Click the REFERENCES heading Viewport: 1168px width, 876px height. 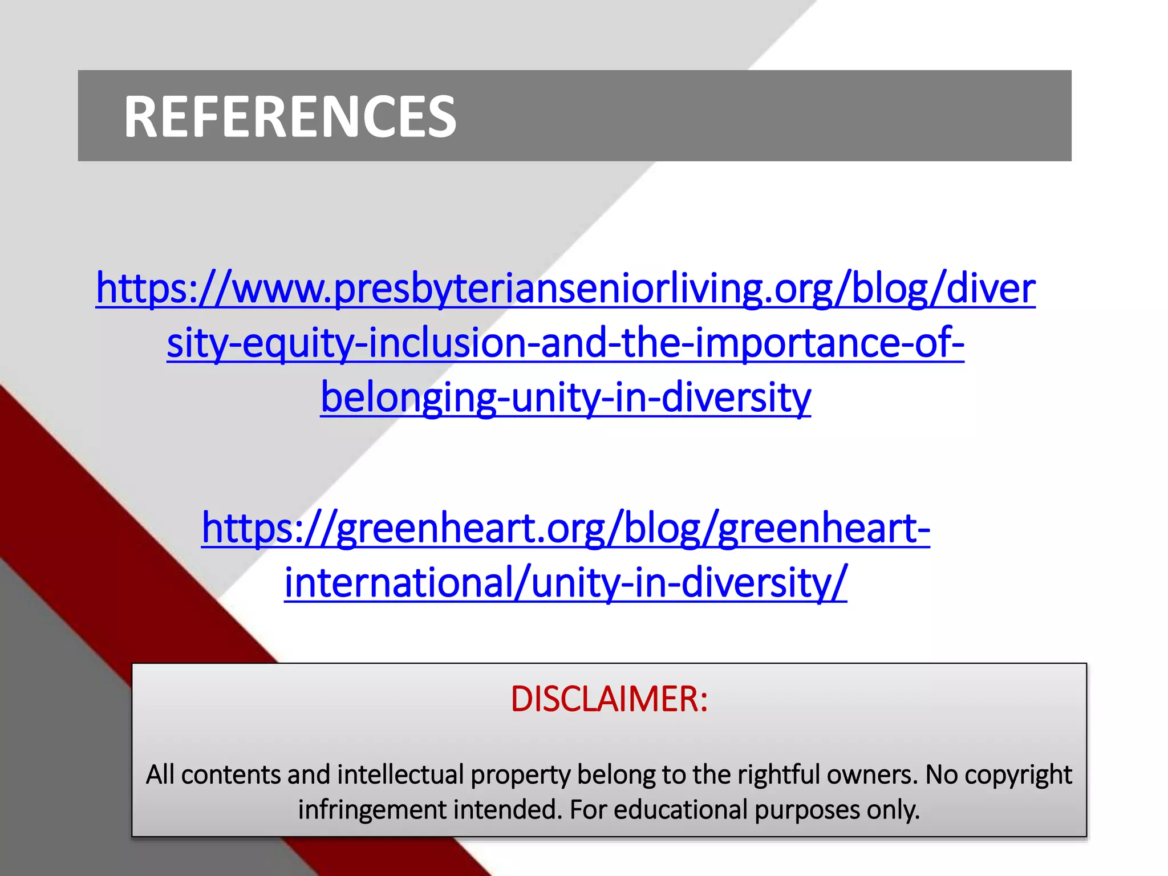tap(290, 117)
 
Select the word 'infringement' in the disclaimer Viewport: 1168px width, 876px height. tap(371, 810)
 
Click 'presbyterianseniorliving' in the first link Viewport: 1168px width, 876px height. tap(547, 289)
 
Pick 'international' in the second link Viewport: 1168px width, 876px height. tap(399, 583)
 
